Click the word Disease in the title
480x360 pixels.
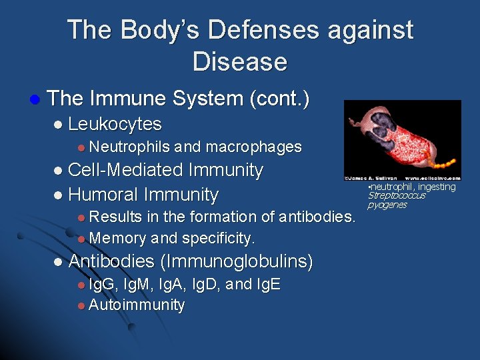239,61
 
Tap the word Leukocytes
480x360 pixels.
115,124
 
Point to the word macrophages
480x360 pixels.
254,147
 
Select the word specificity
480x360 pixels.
218,238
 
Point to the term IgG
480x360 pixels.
101,285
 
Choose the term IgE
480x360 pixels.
267,285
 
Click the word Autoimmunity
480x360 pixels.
137,305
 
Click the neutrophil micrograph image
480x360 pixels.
402,140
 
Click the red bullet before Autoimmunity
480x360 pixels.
81,306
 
